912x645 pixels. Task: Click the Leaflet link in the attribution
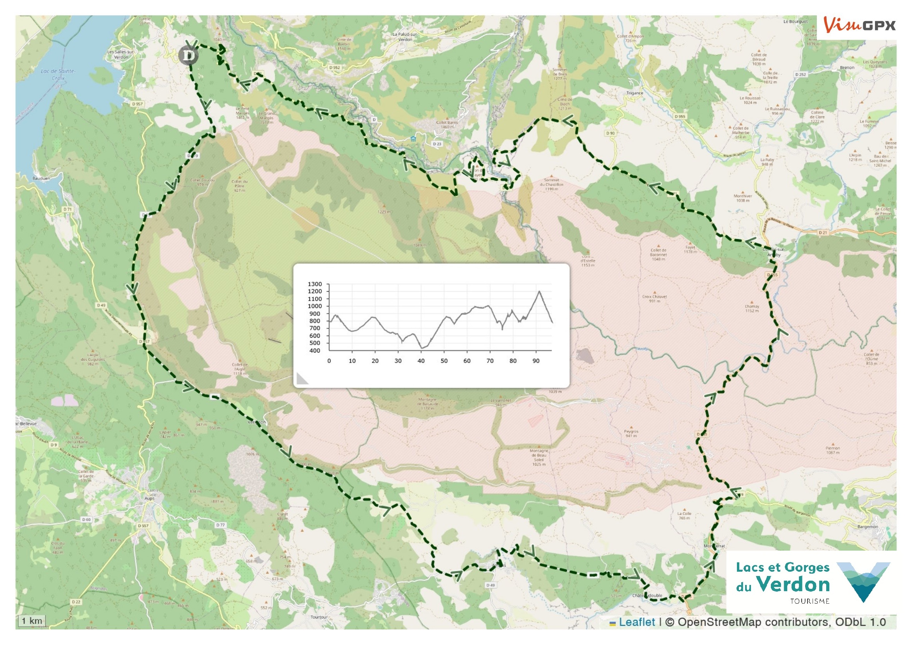pyautogui.click(x=637, y=622)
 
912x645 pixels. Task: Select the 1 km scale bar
pyautogui.click(x=32, y=621)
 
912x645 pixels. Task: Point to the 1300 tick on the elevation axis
pyautogui.click(x=315, y=284)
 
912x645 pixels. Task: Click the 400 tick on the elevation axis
pyautogui.click(x=315, y=350)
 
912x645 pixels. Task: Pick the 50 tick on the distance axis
pyautogui.click(x=444, y=361)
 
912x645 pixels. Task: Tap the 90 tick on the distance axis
pyautogui.click(x=536, y=361)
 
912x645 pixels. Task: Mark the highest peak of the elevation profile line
pyautogui.click(x=539, y=291)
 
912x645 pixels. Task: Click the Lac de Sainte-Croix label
pyautogui.click(x=58, y=74)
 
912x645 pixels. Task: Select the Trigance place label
pyautogui.click(x=634, y=93)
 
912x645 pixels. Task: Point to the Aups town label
pyautogui.click(x=149, y=498)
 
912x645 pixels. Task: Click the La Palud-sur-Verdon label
pyautogui.click(x=405, y=37)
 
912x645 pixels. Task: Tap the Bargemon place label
pyautogui.click(x=868, y=526)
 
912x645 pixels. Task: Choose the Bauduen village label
pyautogui.click(x=41, y=178)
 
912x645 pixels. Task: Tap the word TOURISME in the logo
pyautogui.click(x=809, y=601)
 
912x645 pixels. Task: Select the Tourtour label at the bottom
pyautogui.click(x=319, y=617)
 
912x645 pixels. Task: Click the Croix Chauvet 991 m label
pyautogui.click(x=655, y=298)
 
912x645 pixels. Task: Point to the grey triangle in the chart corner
pyautogui.click(x=302, y=379)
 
